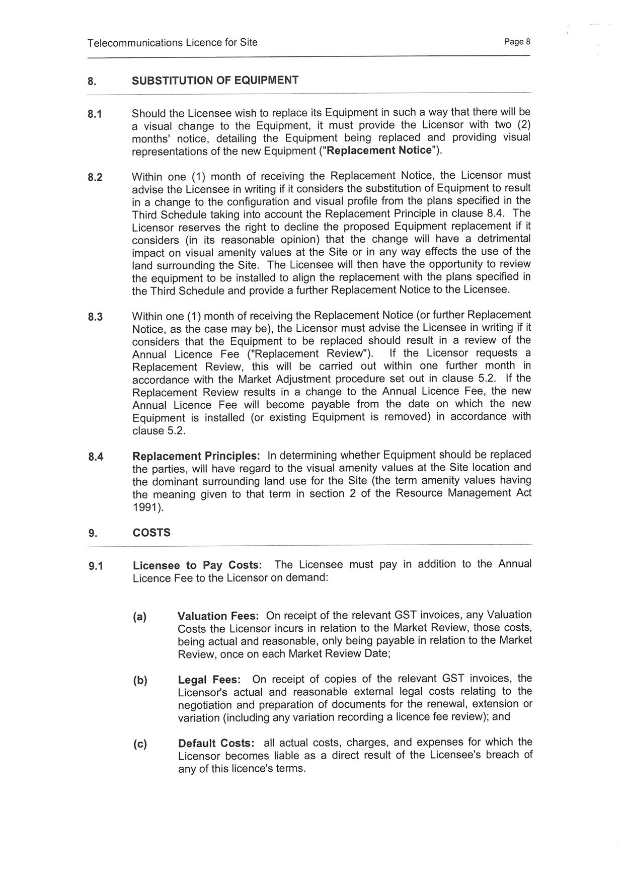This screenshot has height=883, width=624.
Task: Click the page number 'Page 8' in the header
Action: (517, 42)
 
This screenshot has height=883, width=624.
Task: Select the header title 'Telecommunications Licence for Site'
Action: (172, 43)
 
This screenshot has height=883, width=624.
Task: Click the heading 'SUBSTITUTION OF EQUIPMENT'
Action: (215, 80)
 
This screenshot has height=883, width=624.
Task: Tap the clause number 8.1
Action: (95, 114)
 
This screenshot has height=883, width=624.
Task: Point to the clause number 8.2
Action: (95, 177)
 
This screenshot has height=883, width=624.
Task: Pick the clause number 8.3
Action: (95, 317)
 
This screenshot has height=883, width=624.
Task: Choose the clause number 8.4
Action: (95, 457)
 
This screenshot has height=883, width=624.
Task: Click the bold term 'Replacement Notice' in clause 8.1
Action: (379, 151)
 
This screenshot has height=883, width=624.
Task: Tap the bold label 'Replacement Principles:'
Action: (196, 456)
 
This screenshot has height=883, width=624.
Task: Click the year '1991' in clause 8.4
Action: (145, 507)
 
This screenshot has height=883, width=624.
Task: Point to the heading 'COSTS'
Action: (151, 533)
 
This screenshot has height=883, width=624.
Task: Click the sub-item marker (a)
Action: (139, 617)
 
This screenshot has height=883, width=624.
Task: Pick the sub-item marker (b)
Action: (140, 681)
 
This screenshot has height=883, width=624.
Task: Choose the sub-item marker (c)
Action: (140, 744)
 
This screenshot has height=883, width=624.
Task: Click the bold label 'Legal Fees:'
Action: (209, 680)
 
